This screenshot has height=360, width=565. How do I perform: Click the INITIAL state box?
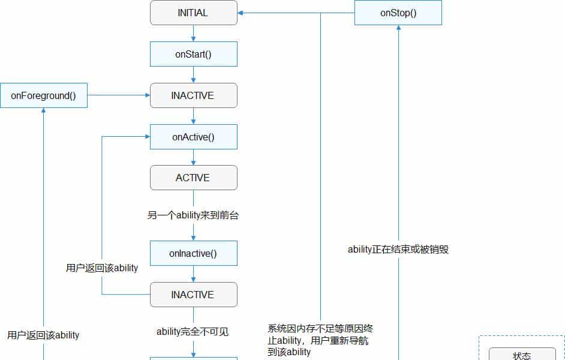(x=193, y=13)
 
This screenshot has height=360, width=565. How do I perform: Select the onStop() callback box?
(x=398, y=13)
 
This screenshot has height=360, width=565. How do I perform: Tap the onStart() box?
(x=193, y=54)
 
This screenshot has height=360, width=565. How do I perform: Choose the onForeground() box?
(x=43, y=95)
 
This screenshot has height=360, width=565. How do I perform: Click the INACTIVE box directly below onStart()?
(x=193, y=95)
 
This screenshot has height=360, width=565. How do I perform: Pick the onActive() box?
(x=193, y=137)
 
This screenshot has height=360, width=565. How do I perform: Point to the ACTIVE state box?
(x=193, y=178)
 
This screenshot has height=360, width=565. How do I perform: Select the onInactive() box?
(x=193, y=253)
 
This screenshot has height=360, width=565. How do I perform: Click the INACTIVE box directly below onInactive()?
(x=193, y=295)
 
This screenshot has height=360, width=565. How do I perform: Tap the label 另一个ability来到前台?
(x=193, y=215)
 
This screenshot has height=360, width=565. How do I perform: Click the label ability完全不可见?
(x=193, y=331)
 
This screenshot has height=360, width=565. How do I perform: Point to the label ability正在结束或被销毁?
(x=398, y=249)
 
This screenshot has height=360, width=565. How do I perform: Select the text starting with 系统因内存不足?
(x=320, y=340)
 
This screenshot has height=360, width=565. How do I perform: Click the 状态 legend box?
(x=522, y=355)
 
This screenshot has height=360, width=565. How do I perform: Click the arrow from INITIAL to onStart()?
(x=193, y=34)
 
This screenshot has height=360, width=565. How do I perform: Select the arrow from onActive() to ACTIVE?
(x=193, y=158)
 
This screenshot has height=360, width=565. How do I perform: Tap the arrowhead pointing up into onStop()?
(x=398, y=29)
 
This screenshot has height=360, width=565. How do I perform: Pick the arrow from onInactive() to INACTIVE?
(x=193, y=274)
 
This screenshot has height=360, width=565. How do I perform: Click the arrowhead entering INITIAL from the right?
(x=242, y=13)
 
